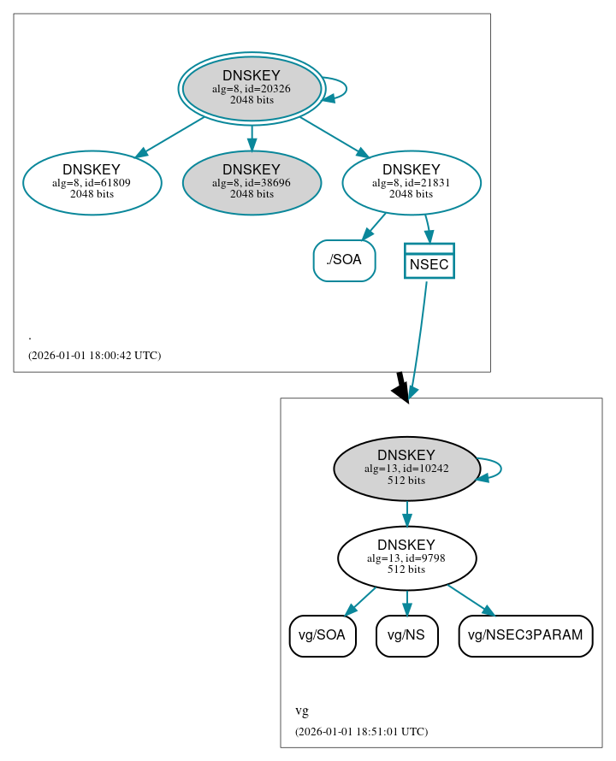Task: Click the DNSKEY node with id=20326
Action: coord(252,88)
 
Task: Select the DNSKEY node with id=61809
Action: coord(92,182)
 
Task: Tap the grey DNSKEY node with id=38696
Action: coord(252,182)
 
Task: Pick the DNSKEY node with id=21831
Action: coord(412,182)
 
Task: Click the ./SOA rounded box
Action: coord(344,261)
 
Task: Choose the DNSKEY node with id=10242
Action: coord(406,469)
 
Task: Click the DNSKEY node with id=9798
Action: coord(406,558)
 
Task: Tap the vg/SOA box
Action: coord(323,635)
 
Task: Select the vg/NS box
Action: coord(407,635)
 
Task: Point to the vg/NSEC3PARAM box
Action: coord(525,635)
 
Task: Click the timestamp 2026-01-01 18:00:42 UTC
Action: coord(94,355)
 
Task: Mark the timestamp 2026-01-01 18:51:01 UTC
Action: coord(361,731)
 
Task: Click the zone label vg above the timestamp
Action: coord(302,711)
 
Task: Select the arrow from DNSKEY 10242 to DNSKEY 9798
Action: coord(406,513)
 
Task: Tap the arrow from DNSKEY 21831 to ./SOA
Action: coord(374,227)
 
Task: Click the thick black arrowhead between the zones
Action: coord(400,389)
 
